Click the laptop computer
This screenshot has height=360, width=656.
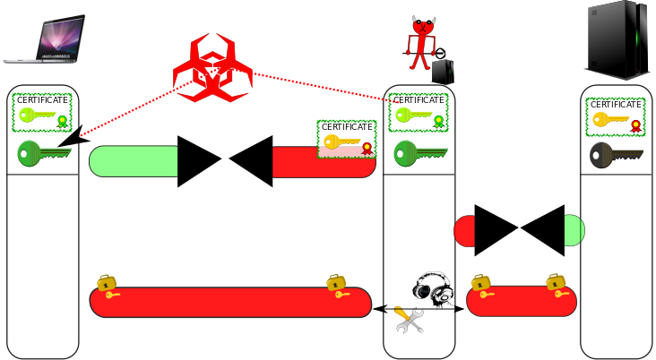45,39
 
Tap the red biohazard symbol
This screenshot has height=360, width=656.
212,69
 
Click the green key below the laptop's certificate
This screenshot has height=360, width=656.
44,154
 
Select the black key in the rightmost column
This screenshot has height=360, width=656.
616,156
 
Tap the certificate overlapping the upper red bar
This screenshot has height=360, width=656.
346,138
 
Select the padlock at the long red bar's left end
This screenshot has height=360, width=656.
108,286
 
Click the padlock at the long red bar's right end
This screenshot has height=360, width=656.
337,286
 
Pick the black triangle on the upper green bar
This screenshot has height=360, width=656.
197,161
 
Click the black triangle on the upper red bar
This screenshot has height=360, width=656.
254,161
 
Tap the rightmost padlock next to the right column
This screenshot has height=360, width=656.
557,286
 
